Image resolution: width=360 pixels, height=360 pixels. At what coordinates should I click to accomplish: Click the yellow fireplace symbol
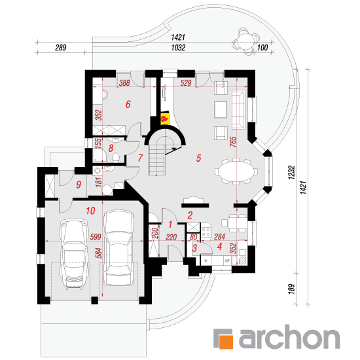point(164,118)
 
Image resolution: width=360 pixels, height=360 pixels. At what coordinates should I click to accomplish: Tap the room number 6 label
point(128,105)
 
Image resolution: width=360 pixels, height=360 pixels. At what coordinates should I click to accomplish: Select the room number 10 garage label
point(91,211)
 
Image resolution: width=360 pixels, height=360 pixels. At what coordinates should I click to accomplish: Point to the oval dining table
point(236,171)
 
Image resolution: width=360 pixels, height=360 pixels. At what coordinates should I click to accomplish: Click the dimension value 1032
point(178,48)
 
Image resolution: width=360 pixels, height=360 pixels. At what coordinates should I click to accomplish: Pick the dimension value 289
point(61,48)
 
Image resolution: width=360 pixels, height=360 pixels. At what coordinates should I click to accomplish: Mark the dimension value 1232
point(291,172)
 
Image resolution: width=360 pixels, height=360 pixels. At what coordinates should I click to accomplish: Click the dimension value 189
point(291,289)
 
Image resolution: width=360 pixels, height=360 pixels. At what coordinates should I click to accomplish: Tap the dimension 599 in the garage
point(96,237)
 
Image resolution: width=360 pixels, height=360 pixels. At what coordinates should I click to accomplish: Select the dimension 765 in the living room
point(233,141)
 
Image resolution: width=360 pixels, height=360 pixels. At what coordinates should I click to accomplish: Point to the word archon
point(289,337)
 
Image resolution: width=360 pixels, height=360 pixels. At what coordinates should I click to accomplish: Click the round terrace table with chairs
point(246,41)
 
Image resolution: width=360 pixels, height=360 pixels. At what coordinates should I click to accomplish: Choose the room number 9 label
point(79,185)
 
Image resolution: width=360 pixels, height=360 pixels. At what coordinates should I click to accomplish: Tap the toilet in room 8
point(116,158)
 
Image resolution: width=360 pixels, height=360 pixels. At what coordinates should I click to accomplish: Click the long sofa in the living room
point(238,109)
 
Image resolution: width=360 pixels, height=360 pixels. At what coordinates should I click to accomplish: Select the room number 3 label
point(194,247)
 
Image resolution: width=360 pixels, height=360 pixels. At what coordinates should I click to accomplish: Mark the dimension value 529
point(186,83)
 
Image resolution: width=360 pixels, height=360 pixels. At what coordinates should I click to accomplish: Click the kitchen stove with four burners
point(206,232)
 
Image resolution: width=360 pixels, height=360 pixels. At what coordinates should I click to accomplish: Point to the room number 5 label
point(198,158)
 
